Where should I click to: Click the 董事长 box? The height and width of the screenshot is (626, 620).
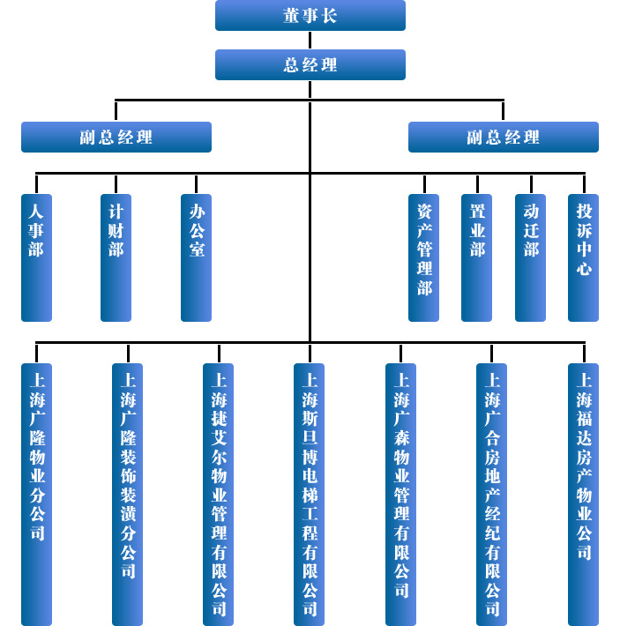(310, 16)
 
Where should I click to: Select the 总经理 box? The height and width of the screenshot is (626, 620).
(310, 65)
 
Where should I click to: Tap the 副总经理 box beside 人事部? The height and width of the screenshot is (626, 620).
(116, 138)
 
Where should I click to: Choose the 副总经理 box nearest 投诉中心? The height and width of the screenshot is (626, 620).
(503, 138)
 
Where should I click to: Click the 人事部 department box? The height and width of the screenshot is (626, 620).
(36, 257)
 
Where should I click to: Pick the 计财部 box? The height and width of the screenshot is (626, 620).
(116, 257)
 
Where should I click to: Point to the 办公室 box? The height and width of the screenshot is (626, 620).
(196, 257)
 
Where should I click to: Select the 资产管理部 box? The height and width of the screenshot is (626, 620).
(423, 257)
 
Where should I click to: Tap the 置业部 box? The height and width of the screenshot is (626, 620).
(477, 257)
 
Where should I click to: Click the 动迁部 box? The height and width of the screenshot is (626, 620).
(530, 257)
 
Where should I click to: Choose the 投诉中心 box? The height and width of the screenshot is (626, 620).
(583, 257)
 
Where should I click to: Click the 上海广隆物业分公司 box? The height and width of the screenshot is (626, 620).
(36, 494)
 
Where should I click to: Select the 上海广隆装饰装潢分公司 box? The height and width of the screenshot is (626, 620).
(128, 494)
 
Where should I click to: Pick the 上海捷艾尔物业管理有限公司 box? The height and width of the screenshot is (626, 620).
(219, 494)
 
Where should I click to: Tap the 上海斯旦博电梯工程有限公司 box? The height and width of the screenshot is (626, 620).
(310, 494)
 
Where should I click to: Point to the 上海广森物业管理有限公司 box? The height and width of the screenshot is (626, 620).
(400, 494)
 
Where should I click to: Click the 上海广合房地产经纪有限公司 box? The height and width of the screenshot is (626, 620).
(491, 494)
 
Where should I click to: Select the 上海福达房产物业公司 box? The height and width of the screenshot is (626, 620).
(583, 494)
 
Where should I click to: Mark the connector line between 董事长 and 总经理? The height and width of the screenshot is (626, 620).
(310, 41)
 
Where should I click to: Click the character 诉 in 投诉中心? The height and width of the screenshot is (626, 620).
(584, 230)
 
